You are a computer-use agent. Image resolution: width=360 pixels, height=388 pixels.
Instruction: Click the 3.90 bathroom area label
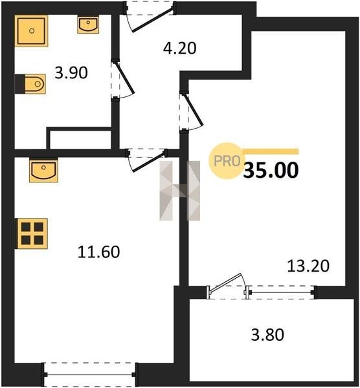[71, 73]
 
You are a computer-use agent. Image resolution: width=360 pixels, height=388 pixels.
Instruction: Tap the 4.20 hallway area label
[179, 48]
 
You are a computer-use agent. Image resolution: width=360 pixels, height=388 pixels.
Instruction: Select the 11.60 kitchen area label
[98, 252]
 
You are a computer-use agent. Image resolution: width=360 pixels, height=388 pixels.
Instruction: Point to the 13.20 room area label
[308, 266]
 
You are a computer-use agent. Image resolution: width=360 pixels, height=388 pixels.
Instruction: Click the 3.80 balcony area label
[267, 335]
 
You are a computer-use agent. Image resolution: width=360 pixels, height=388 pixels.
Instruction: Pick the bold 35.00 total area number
[271, 170]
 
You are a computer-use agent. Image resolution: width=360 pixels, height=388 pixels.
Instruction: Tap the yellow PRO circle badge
[227, 161]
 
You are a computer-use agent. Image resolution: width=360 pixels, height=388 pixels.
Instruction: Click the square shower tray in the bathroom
[31, 31]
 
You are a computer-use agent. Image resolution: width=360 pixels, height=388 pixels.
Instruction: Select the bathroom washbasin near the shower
[88, 25]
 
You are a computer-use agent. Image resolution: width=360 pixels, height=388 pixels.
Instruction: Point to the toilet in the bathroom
[30, 84]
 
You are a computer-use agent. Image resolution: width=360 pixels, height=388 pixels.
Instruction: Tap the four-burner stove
[32, 233]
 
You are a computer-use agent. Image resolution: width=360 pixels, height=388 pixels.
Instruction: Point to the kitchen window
[90, 374]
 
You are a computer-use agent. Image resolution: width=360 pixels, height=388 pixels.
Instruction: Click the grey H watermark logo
[179, 191]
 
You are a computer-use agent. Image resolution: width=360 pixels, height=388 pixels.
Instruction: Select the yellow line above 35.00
[271, 151]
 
